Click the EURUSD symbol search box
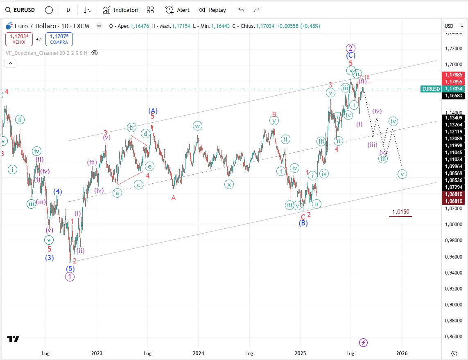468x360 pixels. [x=20, y=10]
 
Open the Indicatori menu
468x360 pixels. [x=121, y=10]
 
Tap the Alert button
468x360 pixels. [x=178, y=10]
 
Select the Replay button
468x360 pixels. [x=212, y=10]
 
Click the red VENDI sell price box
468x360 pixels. [x=19, y=39]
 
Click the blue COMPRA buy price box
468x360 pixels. [x=59, y=39]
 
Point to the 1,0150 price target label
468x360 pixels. [x=400, y=212]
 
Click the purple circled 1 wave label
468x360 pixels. [x=70, y=277]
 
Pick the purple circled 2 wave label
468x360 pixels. [x=350, y=47]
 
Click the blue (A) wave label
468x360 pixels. [x=153, y=110]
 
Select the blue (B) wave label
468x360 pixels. [x=303, y=223]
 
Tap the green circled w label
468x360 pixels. [x=197, y=126]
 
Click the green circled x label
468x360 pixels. [x=229, y=184]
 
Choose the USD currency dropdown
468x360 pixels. [x=454, y=26]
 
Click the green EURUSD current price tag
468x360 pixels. [x=430, y=89]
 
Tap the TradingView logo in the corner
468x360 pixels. [x=13, y=339]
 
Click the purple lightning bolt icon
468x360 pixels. [x=363, y=342]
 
